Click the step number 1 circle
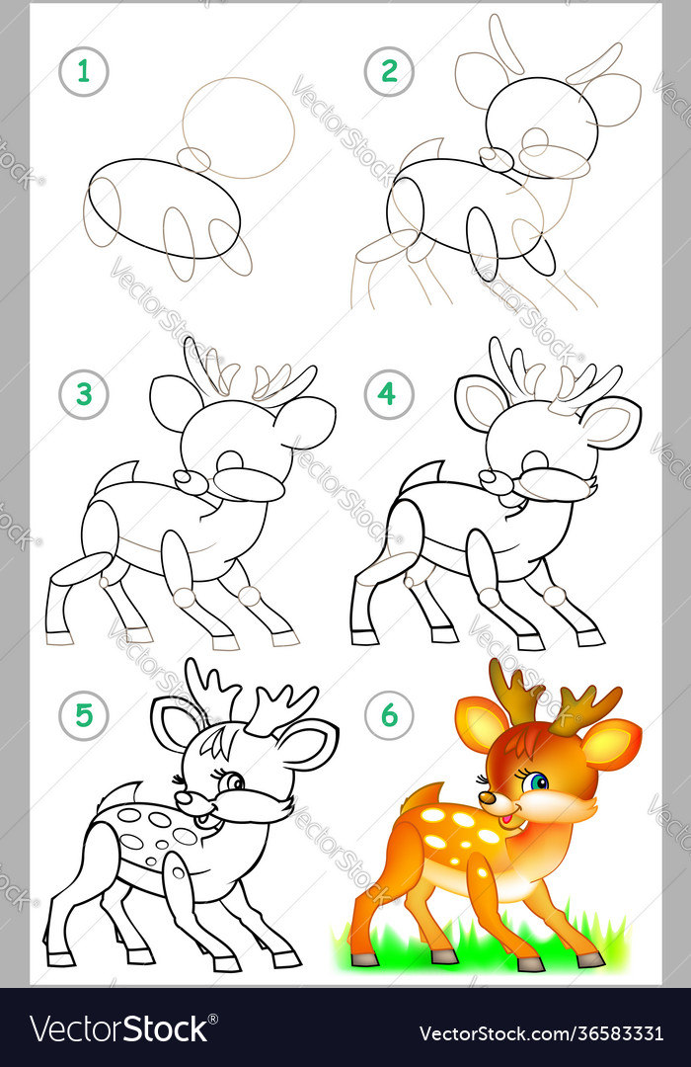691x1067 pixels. pyautogui.click(x=84, y=71)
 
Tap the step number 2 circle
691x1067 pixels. pyautogui.click(x=388, y=71)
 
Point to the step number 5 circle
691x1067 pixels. pyautogui.click(x=84, y=714)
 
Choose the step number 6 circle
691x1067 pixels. pyautogui.click(x=388, y=714)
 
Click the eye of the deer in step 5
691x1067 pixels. pyautogui.click(x=234, y=782)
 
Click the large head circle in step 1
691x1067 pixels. pyautogui.click(x=238, y=126)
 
